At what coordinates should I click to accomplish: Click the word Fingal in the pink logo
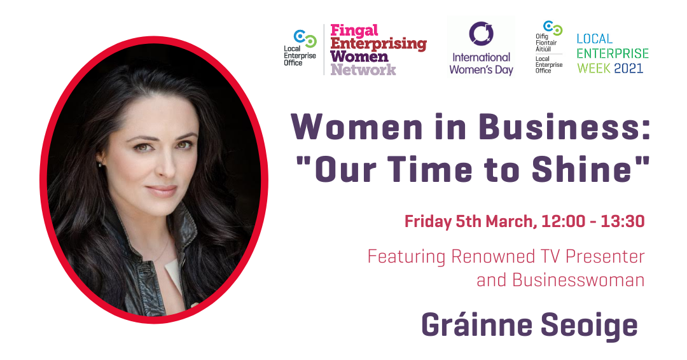coord(354,31)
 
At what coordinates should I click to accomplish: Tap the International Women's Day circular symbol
coord(481,33)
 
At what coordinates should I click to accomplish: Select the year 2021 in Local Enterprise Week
coord(628,68)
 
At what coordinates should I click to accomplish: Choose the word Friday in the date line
coord(428,221)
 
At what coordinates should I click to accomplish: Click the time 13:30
coord(623,221)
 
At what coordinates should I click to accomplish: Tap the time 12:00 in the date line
coord(564,221)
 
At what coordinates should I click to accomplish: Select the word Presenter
coord(605,256)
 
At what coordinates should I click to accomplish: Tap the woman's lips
coord(162,191)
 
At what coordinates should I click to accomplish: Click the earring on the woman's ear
coord(101,165)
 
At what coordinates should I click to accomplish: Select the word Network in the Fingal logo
coord(363,69)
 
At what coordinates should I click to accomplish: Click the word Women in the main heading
coord(357,127)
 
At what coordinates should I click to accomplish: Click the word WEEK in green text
coord(593,68)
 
